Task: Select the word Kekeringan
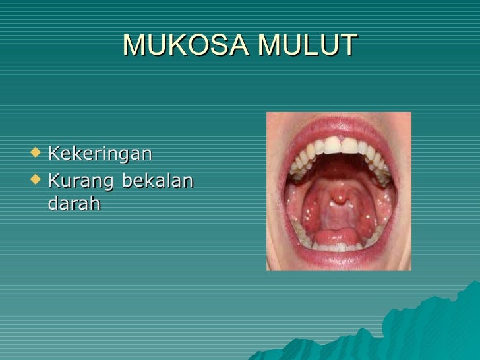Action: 100,154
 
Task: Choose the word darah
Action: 74,204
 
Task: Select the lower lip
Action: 338,258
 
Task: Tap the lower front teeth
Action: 338,247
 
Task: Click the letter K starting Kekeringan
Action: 53,154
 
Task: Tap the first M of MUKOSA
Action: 134,45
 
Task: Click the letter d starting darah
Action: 53,204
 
